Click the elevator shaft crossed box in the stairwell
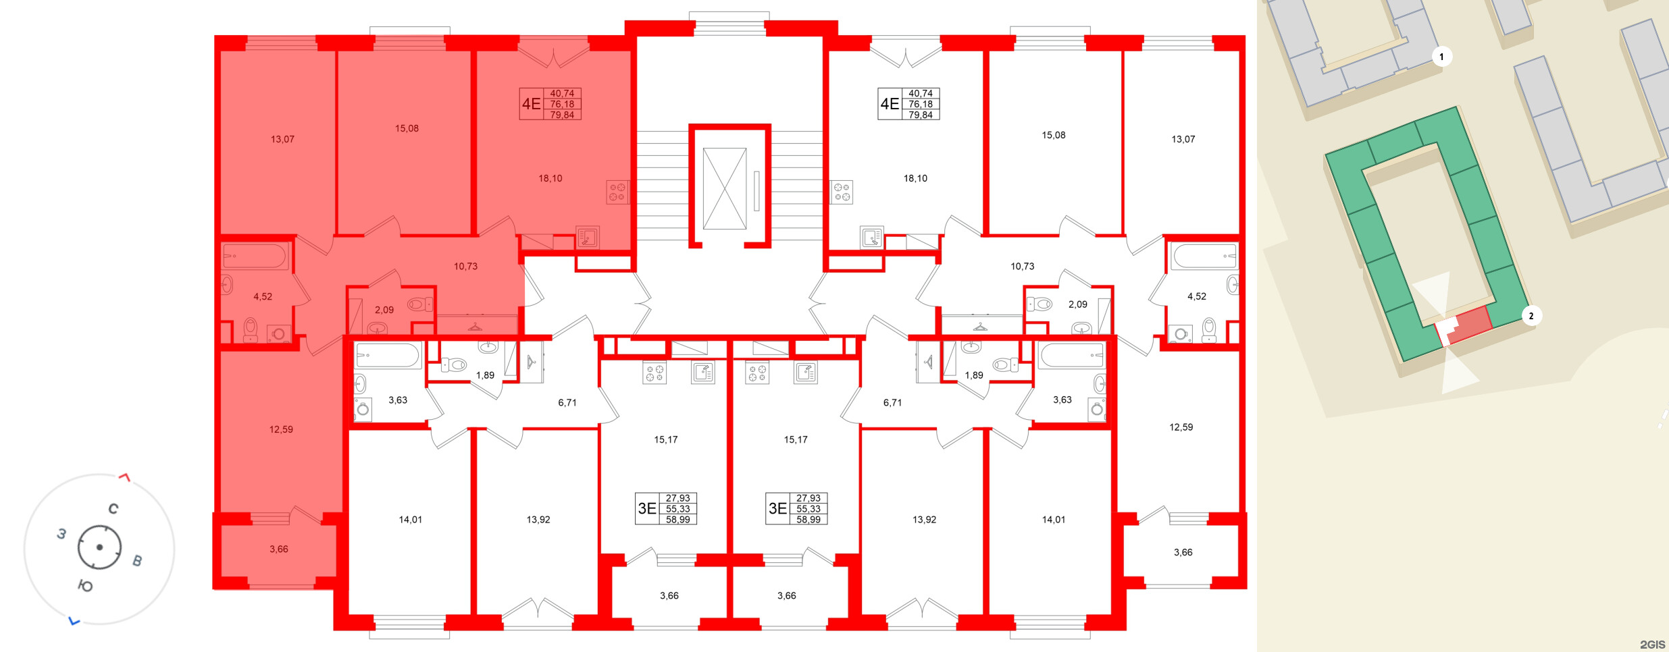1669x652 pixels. pyautogui.click(x=724, y=188)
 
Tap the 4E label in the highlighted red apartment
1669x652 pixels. pyautogui.click(x=531, y=104)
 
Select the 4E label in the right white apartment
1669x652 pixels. pyautogui.click(x=889, y=104)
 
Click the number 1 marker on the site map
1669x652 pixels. pyautogui.click(x=1441, y=57)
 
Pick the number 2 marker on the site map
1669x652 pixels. pyautogui.click(x=1531, y=316)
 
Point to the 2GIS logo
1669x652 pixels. pyautogui.click(x=1652, y=645)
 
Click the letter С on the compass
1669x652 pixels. pyautogui.click(x=113, y=509)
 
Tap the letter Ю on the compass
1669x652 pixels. pyautogui.click(x=85, y=586)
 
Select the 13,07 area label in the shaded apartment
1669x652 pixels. pyautogui.click(x=282, y=140)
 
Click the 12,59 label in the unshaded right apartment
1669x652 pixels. pyautogui.click(x=1181, y=427)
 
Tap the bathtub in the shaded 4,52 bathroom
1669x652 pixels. pyautogui.click(x=255, y=256)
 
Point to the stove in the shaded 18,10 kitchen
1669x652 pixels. pyautogui.click(x=617, y=192)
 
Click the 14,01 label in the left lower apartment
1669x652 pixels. pyautogui.click(x=410, y=520)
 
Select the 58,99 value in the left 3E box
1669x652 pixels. pyautogui.click(x=677, y=520)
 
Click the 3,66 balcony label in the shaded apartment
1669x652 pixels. pyautogui.click(x=278, y=549)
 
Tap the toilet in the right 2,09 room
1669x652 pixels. pyautogui.click(x=1040, y=304)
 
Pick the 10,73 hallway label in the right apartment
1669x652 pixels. pyautogui.click(x=1022, y=267)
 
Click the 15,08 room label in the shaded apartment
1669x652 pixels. pyautogui.click(x=407, y=129)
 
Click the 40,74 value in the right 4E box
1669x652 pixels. pyautogui.click(x=920, y=94)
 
